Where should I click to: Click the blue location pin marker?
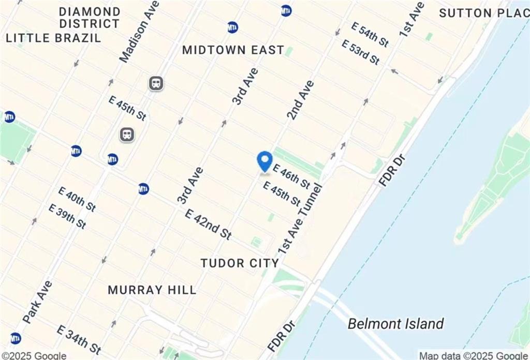[x=265, y=161]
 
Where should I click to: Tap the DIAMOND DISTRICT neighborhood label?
[x=90, y=18]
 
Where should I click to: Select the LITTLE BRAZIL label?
[x=54, y=37]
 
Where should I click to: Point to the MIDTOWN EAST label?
[x=233, y=50]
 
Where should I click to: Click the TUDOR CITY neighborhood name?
[x=240, y=263]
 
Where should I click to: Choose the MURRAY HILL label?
[x=152, y=290]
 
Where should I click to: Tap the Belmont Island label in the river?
[x=395, y=324]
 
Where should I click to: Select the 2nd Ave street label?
[x=300, y=100]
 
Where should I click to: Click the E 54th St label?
[x=370, y=34]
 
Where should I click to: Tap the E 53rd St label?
[x=360, y=52]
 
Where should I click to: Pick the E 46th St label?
[x=291, y=176]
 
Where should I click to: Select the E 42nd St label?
[x=208, y=223]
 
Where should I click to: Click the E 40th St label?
[x=77, y=199]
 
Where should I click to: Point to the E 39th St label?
[x=67, y=216]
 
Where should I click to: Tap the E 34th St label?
[x=79, y=340]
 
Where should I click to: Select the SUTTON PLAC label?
[x=484, y=13]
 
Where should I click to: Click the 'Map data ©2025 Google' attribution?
[x=473, y=355]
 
